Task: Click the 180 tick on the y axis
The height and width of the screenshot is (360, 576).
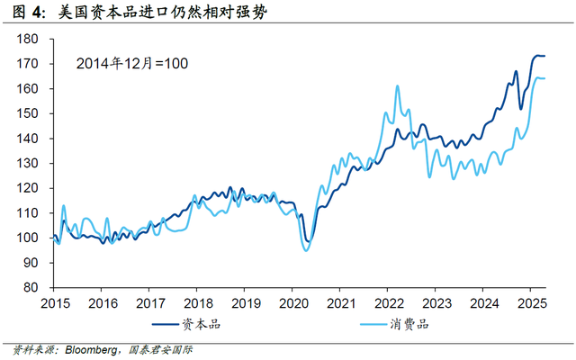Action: [51, 39]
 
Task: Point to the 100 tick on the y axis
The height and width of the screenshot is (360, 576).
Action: [51, 238]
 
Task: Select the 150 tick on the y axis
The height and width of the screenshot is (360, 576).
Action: [51, 113]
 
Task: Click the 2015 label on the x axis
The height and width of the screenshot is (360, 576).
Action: [55, 303]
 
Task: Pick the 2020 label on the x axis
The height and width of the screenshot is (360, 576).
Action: [293, 303]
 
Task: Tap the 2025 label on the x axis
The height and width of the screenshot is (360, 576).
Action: [532, 303]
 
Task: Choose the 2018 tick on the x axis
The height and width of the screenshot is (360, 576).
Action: [196, 290]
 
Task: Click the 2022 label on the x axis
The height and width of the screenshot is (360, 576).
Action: [389, 303]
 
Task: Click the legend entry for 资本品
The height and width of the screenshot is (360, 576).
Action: [186, 324]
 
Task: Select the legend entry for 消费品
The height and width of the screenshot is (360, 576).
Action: [394, 324]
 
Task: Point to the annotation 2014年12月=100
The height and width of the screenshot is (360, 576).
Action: [132, 64]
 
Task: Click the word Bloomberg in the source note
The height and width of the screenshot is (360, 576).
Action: [91, 350]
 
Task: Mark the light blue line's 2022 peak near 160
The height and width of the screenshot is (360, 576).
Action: [398, 86]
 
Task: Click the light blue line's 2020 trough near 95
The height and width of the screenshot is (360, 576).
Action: [306, 250]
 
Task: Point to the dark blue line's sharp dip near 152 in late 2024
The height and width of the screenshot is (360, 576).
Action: [520, 109]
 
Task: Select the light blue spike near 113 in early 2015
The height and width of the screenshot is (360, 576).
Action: [64, 206]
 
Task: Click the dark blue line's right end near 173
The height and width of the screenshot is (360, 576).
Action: [544, 56]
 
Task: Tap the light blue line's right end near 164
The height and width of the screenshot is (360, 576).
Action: [544, 78]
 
